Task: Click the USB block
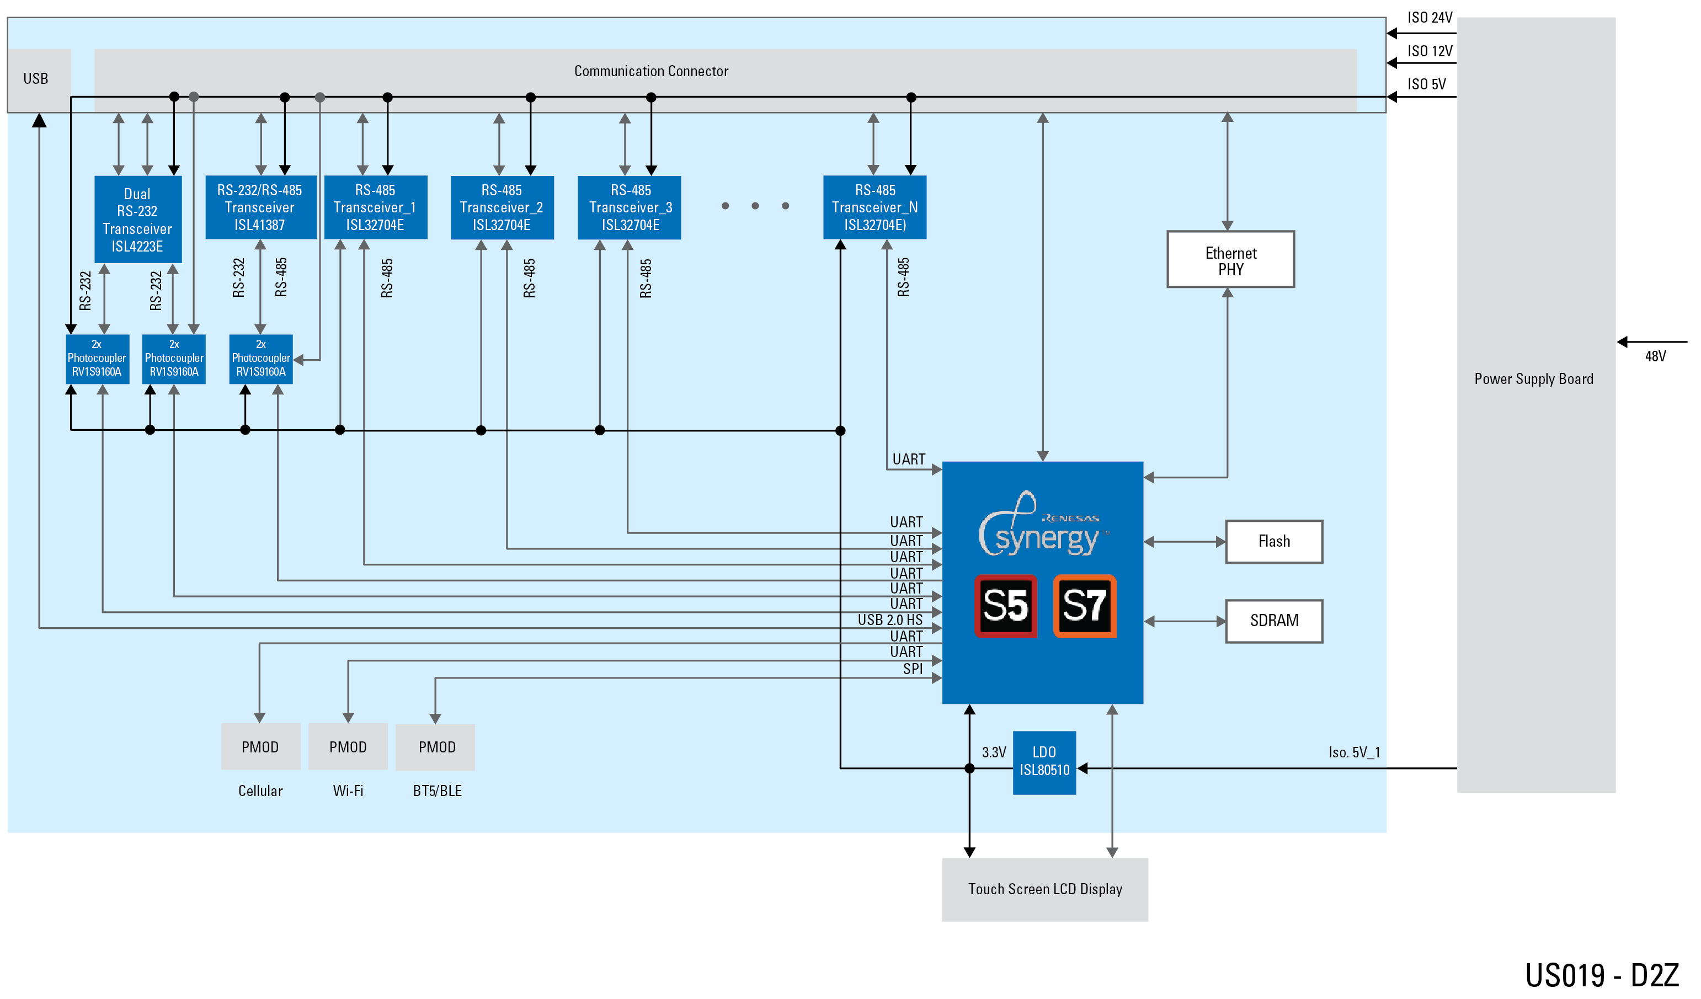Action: click(37, 79)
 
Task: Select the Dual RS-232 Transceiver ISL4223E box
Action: click(138, 220)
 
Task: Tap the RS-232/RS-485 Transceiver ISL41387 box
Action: click(260, 208)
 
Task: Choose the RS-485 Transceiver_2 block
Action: click(502, 208)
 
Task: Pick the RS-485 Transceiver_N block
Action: click(876, 208)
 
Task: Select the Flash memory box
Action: click(1275, 542)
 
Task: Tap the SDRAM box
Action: click(1275, 622)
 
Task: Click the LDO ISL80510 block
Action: click(1045, 762)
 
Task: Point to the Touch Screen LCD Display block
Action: click(1045, 890)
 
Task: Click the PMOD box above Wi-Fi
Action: click(348, 747)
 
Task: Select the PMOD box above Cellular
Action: click(260, 747)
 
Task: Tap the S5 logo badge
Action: click(1006, 606)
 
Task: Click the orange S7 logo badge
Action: click(1085, 606)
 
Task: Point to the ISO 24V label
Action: click(1430, 18)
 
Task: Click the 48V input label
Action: click(1656, 357)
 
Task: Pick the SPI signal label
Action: click(913, 669)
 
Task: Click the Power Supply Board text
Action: click(1534, 380)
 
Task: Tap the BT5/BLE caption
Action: click(438, 791)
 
